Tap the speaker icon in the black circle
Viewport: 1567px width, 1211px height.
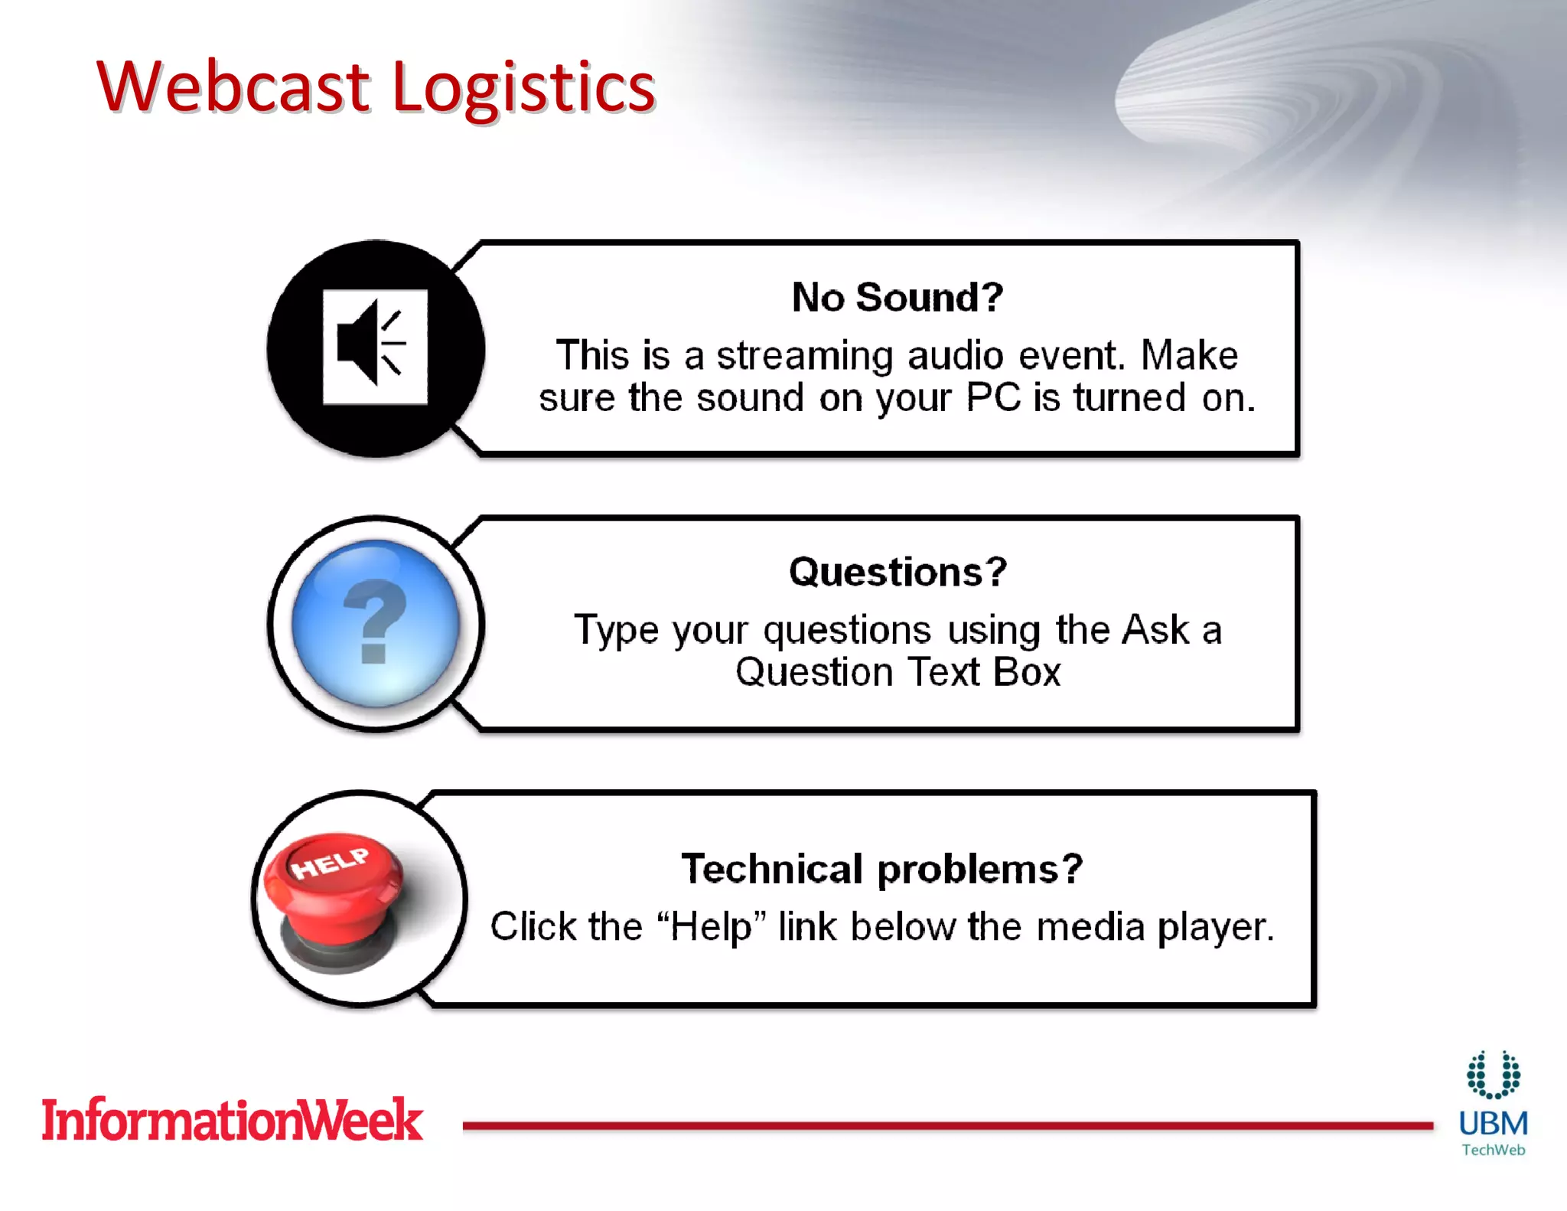374,347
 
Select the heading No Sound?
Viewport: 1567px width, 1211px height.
897,297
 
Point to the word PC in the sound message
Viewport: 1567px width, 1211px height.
993,398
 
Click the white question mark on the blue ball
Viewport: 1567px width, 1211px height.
374,620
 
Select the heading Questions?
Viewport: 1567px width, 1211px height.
898,572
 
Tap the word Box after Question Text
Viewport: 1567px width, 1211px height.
1027,673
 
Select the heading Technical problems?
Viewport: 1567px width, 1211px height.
881,869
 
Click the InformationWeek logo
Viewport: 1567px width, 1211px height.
232,1120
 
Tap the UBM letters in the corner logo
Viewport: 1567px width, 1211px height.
1493,1124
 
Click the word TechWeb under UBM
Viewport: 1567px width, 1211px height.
1493,1150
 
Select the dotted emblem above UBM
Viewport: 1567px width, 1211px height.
1493,1075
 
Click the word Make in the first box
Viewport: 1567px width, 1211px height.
1189,356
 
